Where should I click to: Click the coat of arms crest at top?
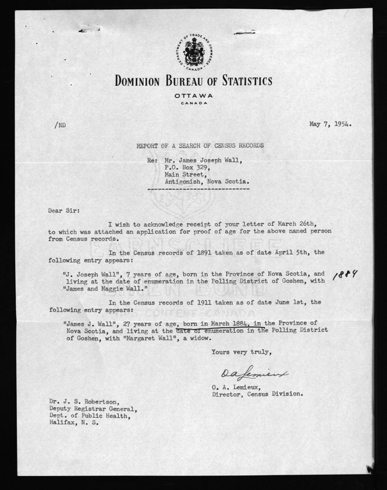tap(193, 53)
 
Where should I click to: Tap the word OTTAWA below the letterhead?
tap(193, 96)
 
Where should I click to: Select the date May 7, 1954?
tap(330, 124)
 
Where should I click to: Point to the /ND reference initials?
tap(61, 125)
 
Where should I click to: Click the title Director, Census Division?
tap(258, 394)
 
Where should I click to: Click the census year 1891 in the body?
tap(204, 253)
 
